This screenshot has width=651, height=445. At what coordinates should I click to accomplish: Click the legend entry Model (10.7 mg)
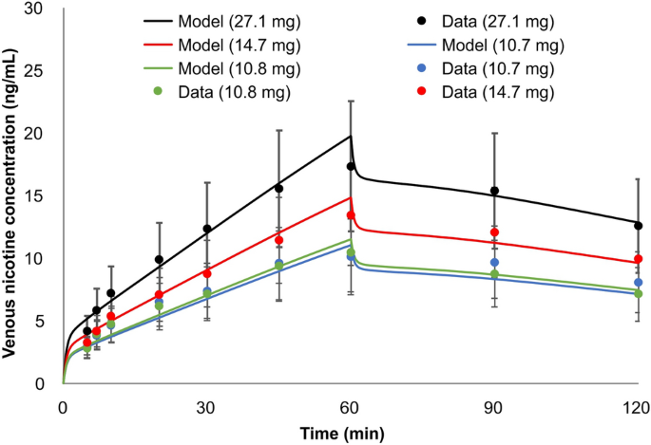[x=501, y=45]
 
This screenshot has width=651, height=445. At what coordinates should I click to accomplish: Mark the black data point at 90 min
[x=494, y=191]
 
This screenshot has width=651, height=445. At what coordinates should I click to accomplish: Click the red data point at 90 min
[x=494, y=232]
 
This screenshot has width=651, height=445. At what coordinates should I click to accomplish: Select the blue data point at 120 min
[x=639, y=283]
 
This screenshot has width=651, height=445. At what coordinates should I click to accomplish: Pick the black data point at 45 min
[x=278, y=188]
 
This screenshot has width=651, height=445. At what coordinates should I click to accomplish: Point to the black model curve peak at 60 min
[x=351, y=136]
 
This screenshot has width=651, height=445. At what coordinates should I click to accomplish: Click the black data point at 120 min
[x=639, y=226]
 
